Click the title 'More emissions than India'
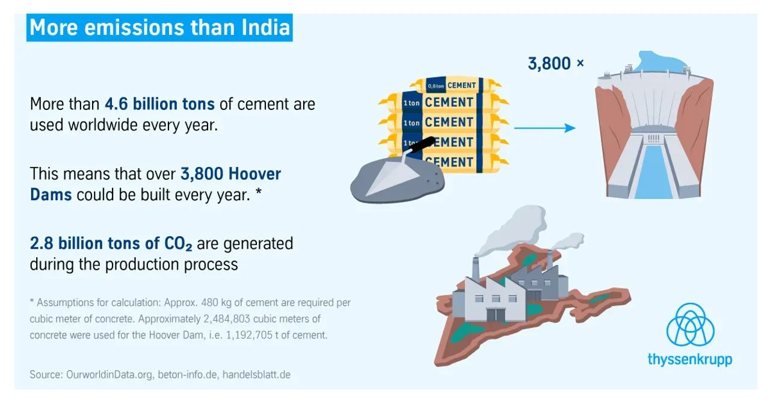(x=159, y=28)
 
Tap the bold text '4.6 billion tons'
(x=159, y=104)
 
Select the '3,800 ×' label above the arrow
(x=555, y=64)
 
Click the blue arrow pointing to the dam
(x=545, y=128)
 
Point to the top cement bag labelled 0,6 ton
(x=455, y=85)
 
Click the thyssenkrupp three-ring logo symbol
(x=690, y=324)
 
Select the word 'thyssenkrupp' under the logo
(x=690, y=359)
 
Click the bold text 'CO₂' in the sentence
(x=178, y=243)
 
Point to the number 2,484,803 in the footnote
(x=227, y=318)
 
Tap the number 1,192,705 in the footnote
(x=249, y=335)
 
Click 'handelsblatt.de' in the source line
(x=256, y=374)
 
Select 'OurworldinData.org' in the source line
(x=109, y=374)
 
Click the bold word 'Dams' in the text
(x=51, y=195)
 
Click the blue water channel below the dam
(x=653, y=172)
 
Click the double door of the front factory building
(x=496, y=315)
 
